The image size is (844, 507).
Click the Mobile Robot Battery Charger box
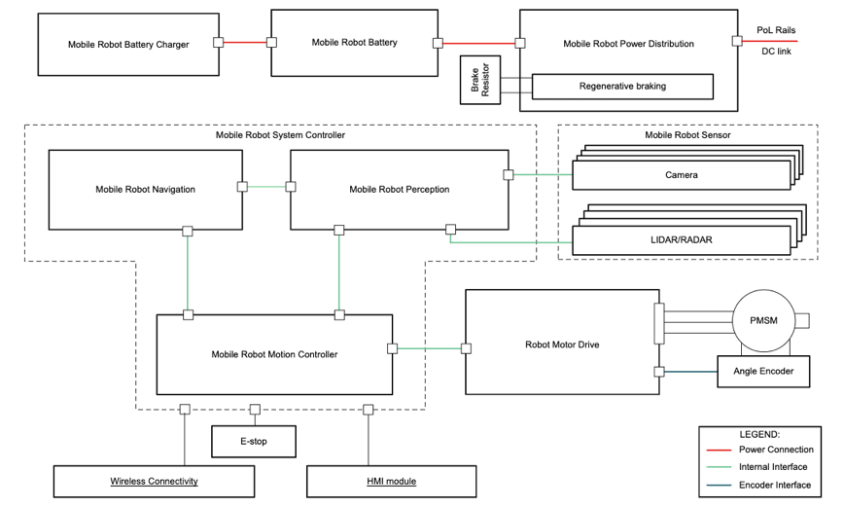click(128, 45)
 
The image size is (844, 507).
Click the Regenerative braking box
click(622, 87)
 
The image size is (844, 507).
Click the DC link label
click(776, 52)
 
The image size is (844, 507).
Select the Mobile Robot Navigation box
click(146, 189)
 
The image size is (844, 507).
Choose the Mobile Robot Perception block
click(399, 189)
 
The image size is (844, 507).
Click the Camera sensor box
click(681, 175)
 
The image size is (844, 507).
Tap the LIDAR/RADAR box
click(681, 238)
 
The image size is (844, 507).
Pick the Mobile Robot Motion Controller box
click(274, 354)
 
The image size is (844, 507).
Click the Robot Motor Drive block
click(560, 343)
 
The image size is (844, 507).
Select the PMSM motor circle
click(763, 320)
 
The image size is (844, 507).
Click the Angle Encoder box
click(762, 371)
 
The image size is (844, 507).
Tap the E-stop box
click(253, 442)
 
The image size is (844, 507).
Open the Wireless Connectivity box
click(154, 481)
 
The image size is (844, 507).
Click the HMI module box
click(391, 481)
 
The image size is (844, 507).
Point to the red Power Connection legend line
click(720, 450)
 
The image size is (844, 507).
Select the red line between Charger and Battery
click(245, 43)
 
